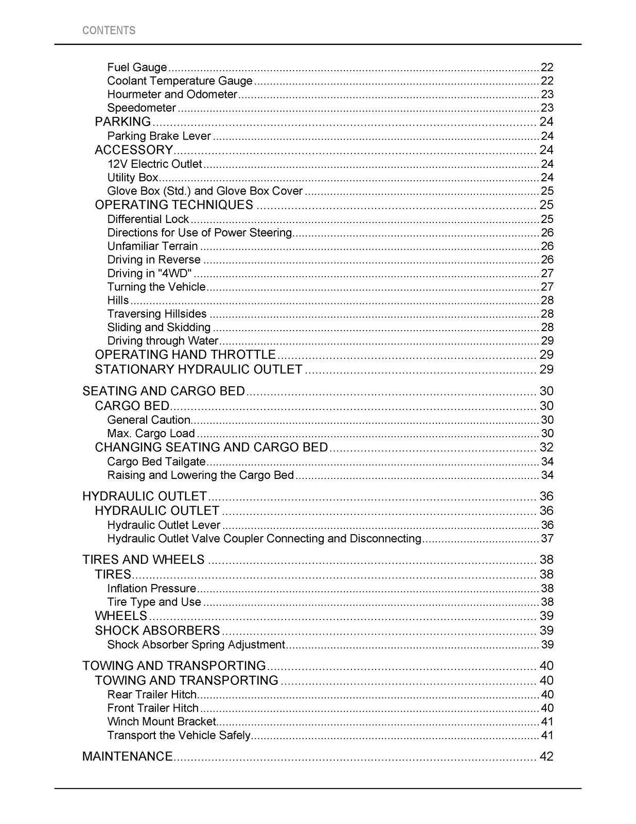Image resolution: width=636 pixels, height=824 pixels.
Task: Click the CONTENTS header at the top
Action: coord(109,30)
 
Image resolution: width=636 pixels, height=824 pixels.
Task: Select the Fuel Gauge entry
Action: coord(137,67)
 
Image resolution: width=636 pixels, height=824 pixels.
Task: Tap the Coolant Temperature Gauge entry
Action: coord(180,81)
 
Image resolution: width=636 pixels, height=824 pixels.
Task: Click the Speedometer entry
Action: coord(142,108)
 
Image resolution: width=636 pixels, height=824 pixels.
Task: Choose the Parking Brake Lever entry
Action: coord(159,136)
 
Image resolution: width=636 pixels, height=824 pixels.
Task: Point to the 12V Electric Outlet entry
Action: coord(154,164)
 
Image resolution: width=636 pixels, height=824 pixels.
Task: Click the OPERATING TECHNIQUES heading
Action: coord(174,205)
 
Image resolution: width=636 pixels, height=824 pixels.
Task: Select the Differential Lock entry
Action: coord(148,219)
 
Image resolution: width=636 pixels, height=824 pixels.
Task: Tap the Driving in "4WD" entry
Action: coord(150,273)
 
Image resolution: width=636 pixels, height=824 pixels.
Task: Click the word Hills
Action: coord(118,300)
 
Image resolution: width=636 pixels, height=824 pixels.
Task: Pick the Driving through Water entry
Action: coord(163,341)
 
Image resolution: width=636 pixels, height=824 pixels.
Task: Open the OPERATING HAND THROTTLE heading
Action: coord(185,355)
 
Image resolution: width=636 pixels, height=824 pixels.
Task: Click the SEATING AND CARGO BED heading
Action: coord(164,391)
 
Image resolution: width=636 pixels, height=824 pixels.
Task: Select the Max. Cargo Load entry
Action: coord(151,434)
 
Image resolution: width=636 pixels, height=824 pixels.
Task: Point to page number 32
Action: coord(546,447)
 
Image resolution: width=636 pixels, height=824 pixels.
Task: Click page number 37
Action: coord(547,539)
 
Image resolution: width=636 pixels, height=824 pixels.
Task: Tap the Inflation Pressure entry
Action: coord(152,589)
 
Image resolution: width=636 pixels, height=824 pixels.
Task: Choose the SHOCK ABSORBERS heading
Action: coord(157,630)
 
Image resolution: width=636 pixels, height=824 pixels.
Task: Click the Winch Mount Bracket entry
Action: coord(162,722)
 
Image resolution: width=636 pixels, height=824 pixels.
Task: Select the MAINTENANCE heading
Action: coord(128,757)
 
